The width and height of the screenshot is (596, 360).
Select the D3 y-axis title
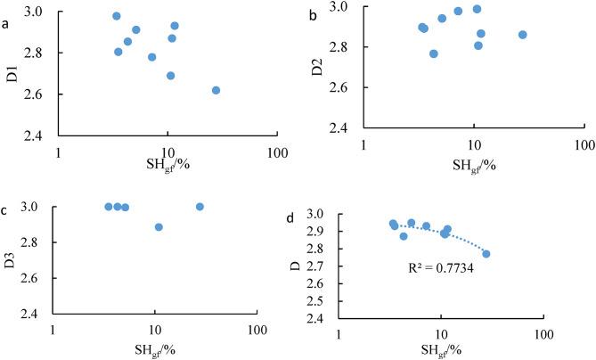pyautogui.click(x=11, y=259)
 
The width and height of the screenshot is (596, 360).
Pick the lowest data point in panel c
pyautogui.click(x=159, y=227)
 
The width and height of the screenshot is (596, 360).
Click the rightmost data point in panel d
pyautogui.click(x=486, y=254)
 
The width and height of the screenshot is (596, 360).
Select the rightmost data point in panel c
pyautogui.click(x=200, y=207)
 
